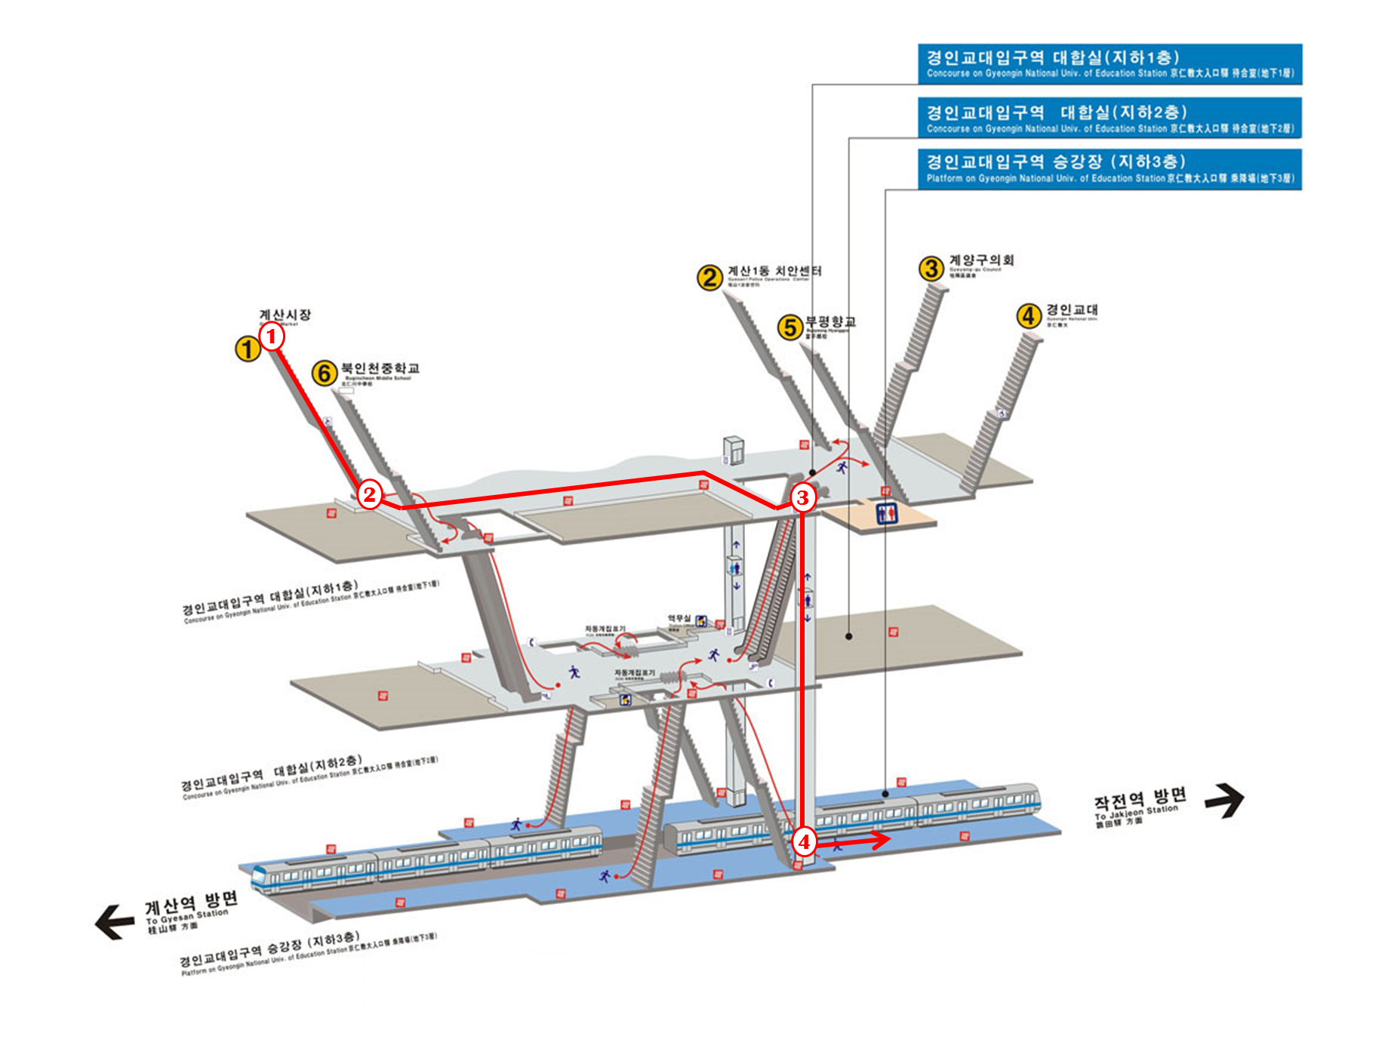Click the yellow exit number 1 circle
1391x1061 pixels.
(x=247, y=349)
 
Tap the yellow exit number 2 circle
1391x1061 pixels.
(x=709, y=277)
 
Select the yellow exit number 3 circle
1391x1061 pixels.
(x=931, y=267)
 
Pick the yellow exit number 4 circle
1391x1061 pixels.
(x=1028, y=315)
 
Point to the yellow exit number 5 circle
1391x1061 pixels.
(x=789, y=327)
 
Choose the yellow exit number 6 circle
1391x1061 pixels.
(x=325, y=372)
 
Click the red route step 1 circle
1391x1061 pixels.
(x=272, y=336)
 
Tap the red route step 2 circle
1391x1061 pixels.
(x=369, y=495)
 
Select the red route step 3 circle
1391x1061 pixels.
(x=802, y=497)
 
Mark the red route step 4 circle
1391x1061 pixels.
(x=804, y=841)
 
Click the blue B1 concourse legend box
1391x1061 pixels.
(x=1109, y=64)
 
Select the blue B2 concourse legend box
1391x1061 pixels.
(x=1109, y=118)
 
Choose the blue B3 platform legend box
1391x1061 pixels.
(x=1109, y=169)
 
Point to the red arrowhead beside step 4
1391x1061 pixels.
(x=881, y=839)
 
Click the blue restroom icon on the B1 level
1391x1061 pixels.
(x=886, y=513)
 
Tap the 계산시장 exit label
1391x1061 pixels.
(x=285, y=315)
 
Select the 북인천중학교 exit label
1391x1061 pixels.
(x=380, y=368)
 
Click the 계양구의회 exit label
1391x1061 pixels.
(x=981, y=260)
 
